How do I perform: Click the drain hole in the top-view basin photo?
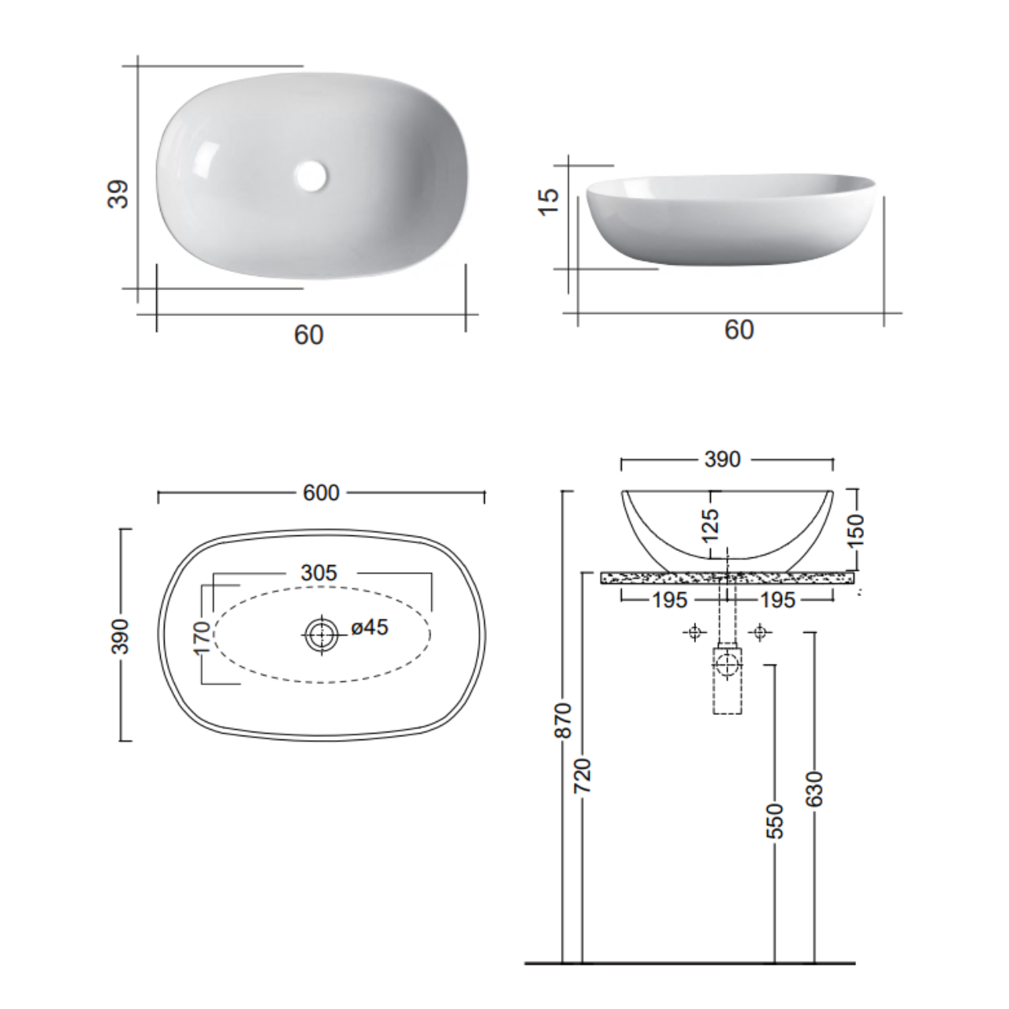(311, 176)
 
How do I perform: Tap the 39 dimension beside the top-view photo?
(118, 194)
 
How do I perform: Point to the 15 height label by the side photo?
(549, 202)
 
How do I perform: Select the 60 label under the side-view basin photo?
(739, 330)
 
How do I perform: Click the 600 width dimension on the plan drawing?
(321, 493)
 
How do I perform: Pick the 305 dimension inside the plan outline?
(319, 573)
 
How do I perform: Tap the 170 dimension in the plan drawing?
(201, 637)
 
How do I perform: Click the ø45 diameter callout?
(370, 627)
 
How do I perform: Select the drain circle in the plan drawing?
(321, 635)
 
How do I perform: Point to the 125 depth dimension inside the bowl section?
(710, 525)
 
